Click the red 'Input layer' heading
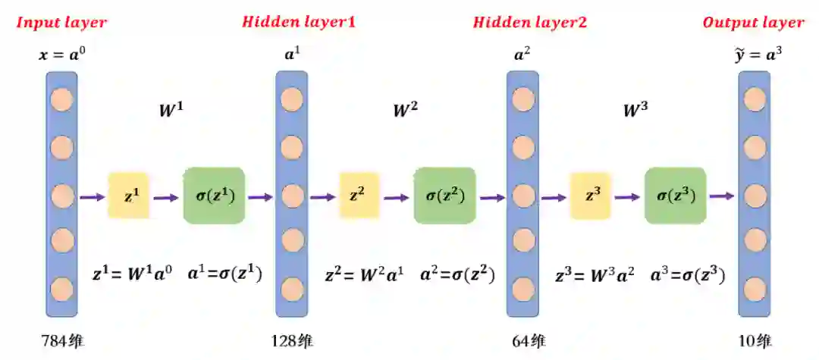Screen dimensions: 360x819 pyautogui.click(x=61, y=22)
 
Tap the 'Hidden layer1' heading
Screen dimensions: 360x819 pyautogui.click(x=298, y=22)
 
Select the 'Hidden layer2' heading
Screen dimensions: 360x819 pyautogui.click(x=529, y=22)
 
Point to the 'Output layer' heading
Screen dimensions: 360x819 pyautogui.click(x=753, y=22)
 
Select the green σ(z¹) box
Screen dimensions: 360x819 pyautogui.click(x=214, y=196)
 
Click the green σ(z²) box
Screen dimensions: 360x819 pyautogui.click(x=444, y=196)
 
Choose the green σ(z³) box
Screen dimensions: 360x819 pyautogui.click(x=675, y=196)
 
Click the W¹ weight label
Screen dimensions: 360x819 pyautogui.click(x=171, y=111)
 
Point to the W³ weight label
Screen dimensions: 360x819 pyautogui.click(x=635, y=111)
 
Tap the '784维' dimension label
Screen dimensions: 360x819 pyautogui.click(x=63, y=340)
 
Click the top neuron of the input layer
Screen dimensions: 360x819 pyautogui.click(x=61, y=99)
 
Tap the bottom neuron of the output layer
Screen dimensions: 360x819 pyautogui.click(x=755, y=289)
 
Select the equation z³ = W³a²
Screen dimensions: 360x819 pyautogui.click(x=596, y=274)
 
